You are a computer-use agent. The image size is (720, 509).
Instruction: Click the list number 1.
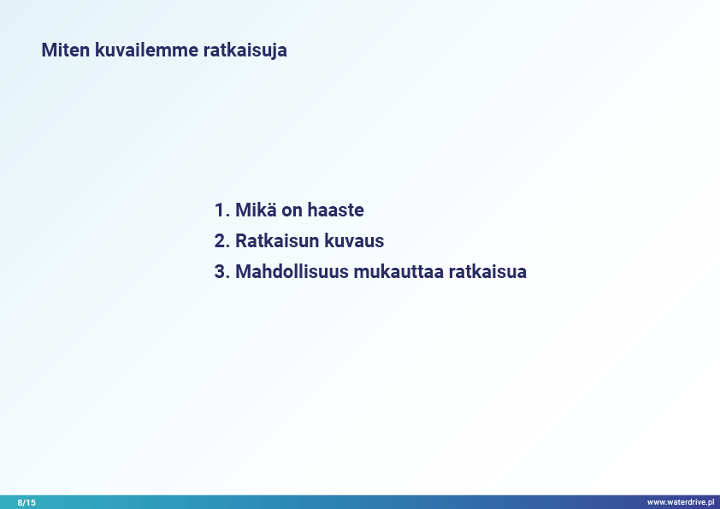point(221,210)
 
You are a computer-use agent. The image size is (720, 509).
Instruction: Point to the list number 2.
point(221,240)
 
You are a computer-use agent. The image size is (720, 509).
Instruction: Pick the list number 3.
point(221,271)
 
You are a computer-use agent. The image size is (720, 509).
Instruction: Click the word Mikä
point(257,210)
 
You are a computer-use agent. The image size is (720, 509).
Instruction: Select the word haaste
point(336,210)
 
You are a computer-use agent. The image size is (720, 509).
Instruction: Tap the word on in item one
point(292,212)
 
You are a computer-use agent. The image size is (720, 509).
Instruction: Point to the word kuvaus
point(354,240)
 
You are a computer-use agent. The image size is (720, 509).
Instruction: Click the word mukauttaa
point(398,271)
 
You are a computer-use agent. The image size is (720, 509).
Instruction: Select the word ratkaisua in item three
point(487,271)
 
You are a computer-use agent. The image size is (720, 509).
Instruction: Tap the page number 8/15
point(27,502)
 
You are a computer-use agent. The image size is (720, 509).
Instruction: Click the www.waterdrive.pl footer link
point(681,502)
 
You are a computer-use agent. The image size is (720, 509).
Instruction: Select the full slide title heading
point(164,50)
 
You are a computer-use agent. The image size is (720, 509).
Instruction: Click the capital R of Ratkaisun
point(241,240)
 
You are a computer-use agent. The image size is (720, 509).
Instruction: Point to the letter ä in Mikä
point(271,210)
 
